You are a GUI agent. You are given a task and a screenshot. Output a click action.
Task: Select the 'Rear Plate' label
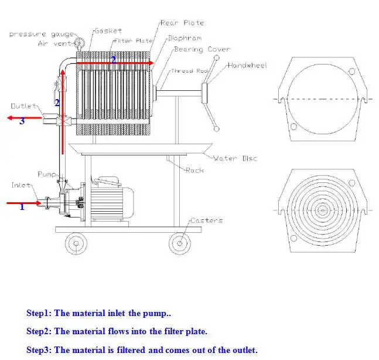[182, 23]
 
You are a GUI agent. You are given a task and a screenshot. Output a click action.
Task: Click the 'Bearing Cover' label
[202, 50]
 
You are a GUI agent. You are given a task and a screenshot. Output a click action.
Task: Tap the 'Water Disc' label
[234, 158]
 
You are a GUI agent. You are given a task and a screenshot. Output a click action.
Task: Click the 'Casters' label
[206, 220]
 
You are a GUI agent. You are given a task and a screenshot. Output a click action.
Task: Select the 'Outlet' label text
[23, 106]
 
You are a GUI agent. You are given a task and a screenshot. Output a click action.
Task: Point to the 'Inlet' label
[21, 185]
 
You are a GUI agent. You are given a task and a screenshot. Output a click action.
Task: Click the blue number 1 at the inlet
[22, 206]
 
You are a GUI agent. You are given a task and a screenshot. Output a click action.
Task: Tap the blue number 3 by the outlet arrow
[22, 121]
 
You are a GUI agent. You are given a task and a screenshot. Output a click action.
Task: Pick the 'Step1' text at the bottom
[39, 314]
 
